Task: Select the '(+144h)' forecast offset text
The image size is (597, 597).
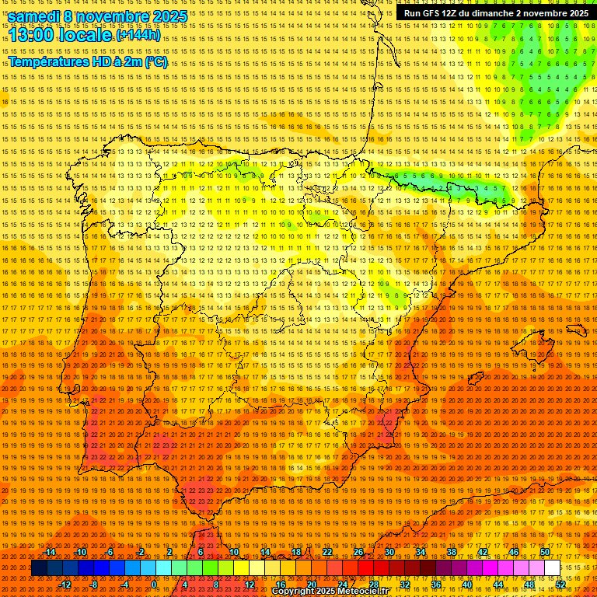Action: pos(138,35)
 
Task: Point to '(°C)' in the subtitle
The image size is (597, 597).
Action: pos(155,61)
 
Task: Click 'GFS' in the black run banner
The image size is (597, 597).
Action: pos(429,13)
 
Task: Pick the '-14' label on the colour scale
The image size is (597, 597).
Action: pos(51,552)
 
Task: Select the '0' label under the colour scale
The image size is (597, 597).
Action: pos(154,585)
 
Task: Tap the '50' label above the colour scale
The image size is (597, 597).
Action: pos(545,552)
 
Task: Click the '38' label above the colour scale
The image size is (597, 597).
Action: pos(452,552)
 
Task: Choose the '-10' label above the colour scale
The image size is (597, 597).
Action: pos(81,552)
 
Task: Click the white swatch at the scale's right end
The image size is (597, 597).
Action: pos(552,568)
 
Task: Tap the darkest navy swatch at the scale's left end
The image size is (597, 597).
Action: pos(39,568)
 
